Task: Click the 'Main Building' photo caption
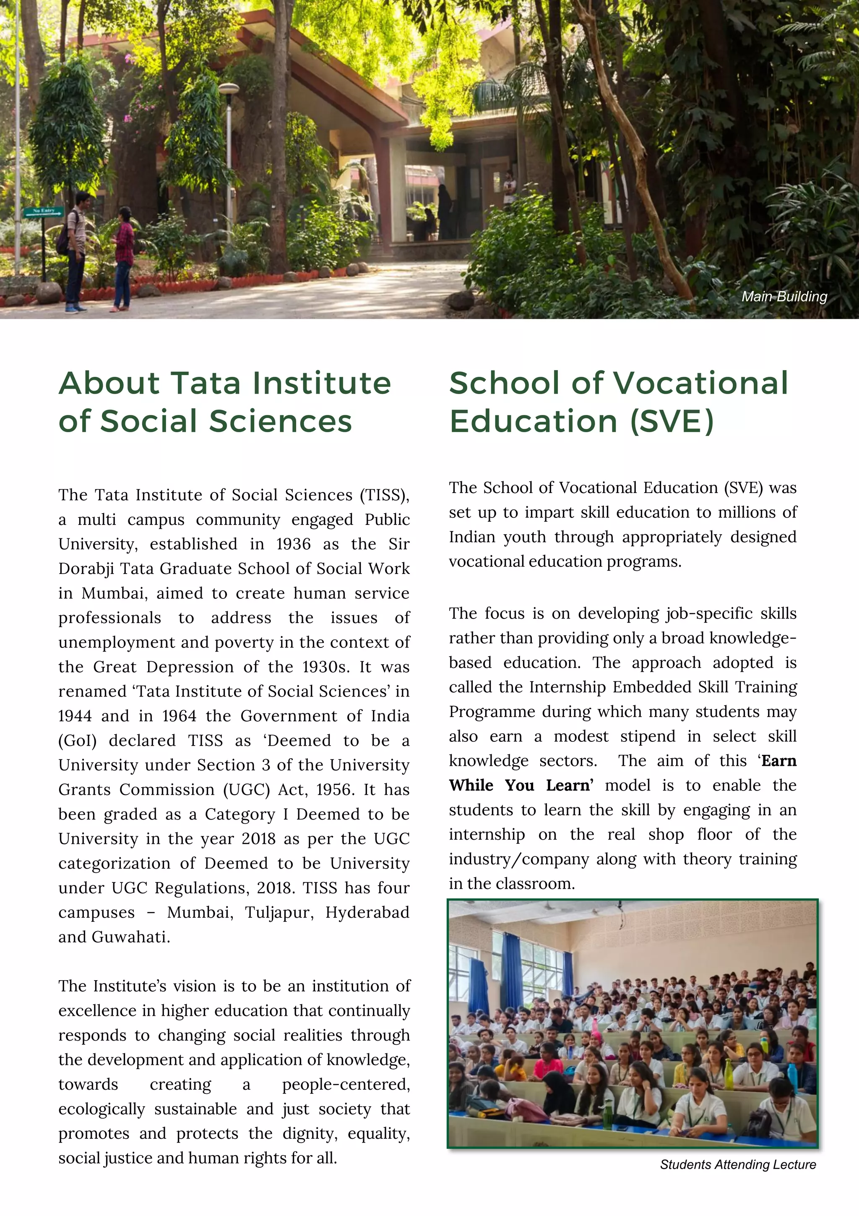tap(784, 297)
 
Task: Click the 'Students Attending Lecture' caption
tap(738, 1165)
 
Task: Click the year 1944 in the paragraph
tap(75, 715)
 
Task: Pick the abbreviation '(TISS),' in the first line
tap(385, 495)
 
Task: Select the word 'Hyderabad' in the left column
tap(367, 912)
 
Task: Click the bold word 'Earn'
tap(778, 761)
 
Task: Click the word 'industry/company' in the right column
tap(519, 859)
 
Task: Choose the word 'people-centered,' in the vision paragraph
tap(346, 1084)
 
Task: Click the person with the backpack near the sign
tap(77, 249)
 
